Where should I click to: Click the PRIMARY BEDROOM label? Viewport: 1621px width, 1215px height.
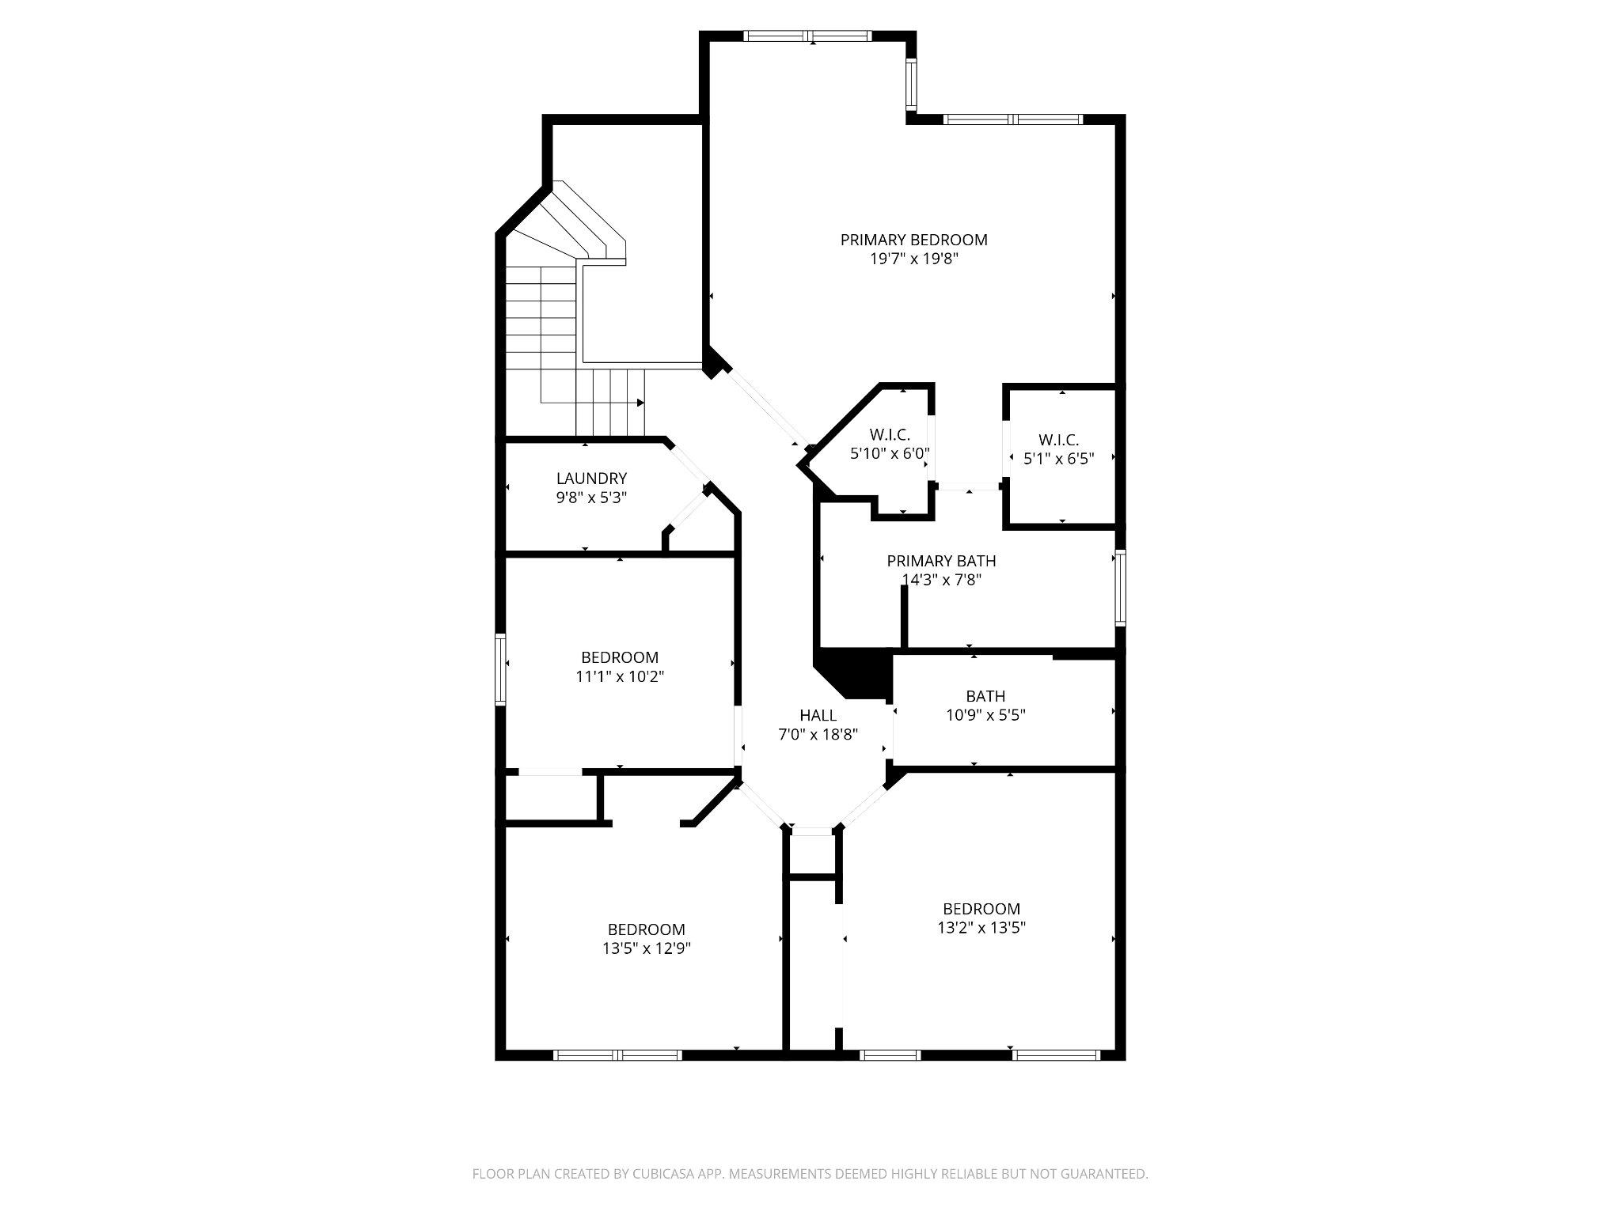[913, 240]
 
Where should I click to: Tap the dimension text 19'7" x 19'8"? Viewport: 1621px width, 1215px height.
[913, 259]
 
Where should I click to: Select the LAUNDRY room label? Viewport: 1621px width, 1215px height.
[591, 479]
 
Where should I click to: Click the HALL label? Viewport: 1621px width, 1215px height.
[818, 715]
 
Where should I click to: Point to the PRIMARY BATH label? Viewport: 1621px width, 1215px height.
[941, 561]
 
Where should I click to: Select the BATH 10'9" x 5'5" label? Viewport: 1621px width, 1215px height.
[985, 696]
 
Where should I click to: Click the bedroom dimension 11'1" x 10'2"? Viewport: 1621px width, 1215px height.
[620, 677]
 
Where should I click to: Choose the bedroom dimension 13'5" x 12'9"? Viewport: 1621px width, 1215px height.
[646, 948]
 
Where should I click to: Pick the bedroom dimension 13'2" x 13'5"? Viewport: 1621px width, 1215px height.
[981, 928]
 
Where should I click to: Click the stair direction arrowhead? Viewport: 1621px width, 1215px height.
[640, 403]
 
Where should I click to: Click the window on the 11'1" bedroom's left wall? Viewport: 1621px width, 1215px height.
[500, 668]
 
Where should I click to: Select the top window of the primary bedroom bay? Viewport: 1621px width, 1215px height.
[808, 36]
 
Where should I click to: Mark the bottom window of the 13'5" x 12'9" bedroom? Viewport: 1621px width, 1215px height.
[617, 1054]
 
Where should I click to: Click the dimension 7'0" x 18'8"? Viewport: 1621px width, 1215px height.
[818, 734]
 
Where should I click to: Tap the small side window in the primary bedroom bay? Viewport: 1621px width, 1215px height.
[911, 85]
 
